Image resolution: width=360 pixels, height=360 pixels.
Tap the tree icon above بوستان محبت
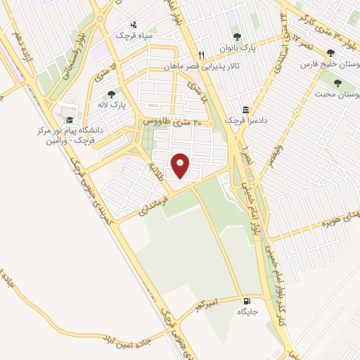[x=338, y=82]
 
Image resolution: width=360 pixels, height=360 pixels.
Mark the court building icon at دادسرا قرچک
[x=245, y=110]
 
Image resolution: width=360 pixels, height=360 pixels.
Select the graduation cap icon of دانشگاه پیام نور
[x=69, y=119]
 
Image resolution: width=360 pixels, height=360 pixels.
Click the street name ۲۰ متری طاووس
[x=173, y=122]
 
